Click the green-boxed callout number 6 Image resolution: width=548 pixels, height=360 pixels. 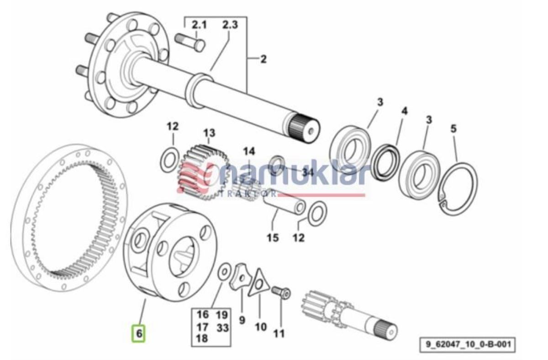click(x=138, y=334)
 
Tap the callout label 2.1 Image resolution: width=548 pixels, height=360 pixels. click(x=199, y=25)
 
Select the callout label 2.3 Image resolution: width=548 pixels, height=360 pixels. click(x=230, y=25)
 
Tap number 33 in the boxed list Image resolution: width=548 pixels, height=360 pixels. click(x=222, y=328)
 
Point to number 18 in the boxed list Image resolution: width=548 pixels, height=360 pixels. click(x=202, y=339)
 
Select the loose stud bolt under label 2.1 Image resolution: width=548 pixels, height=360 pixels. click(x=190, y=42)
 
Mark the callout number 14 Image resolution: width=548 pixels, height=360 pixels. click(x=249, y=151)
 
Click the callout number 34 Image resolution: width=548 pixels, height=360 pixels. click(x=308, y=172)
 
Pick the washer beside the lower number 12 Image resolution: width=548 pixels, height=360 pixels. click(x=317, y=213)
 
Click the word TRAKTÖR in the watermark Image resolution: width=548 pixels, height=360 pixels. click(x=248, y=194)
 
